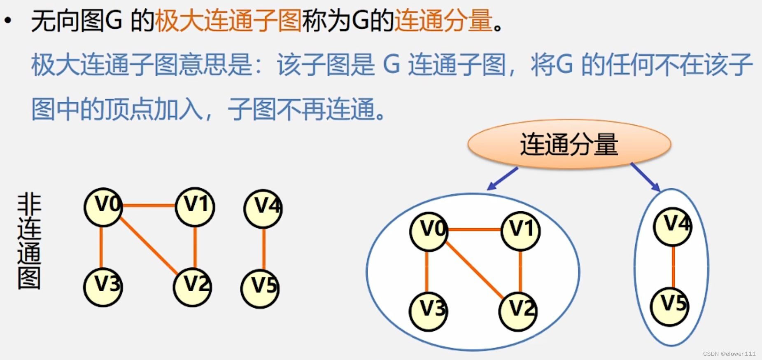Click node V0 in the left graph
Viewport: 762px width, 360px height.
(x=103, y=207)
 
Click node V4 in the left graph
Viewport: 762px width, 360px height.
(x=263, y=208)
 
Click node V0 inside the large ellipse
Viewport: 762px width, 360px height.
(x=429, y=230)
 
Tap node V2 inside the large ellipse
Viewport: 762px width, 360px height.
(x=518, y=311)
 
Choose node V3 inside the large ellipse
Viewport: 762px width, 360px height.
(x=429, y=311)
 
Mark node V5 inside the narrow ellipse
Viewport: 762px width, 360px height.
(x=669, y=306)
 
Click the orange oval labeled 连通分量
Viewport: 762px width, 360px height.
(x=569, y=145)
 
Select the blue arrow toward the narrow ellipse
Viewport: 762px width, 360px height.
(x=645, y=177)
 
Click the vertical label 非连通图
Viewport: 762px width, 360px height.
(x=29, y=242)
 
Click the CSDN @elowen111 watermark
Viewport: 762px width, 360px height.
(x=729, y=354)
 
